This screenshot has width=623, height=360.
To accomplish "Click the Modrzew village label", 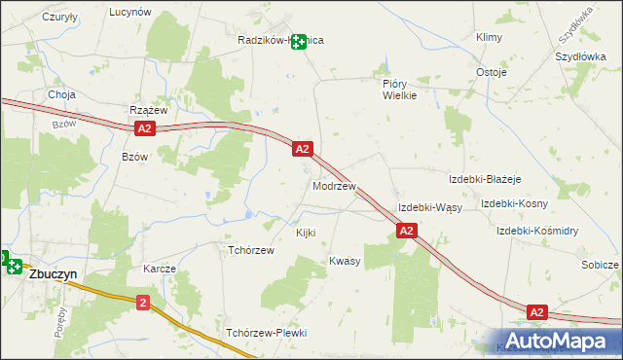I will tap(334, 186).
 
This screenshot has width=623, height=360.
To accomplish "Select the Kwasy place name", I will tap(345, 262).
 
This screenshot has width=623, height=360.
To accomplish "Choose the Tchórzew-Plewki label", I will tap(266, 333).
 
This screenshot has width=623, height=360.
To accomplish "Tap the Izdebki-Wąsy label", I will tap(429, 208).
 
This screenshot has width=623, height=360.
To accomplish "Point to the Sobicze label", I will tap(600, 265).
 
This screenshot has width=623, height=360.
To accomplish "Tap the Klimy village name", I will tap(488, 37).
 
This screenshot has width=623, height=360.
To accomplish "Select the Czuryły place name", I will tap(59, 18).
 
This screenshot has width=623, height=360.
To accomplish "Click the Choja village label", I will tap(61, 95).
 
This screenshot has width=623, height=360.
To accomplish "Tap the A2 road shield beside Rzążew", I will tap(144, 128).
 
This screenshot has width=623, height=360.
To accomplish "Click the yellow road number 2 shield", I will tap(144, 303).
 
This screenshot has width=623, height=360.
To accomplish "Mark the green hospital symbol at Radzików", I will tap(299, 42).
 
